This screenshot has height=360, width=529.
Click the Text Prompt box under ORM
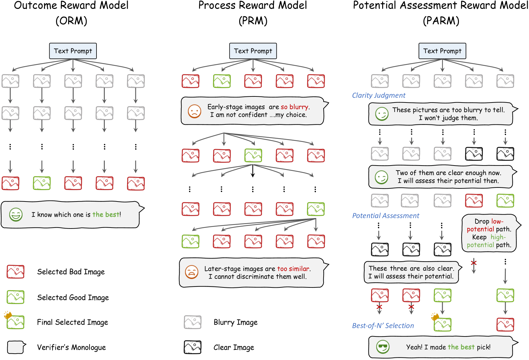point(73,51)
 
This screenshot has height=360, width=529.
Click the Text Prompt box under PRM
point(253,51)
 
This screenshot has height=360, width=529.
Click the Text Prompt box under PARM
point(442,51)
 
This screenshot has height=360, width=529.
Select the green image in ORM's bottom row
point(42,183)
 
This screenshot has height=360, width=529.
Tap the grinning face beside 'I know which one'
point(16,215)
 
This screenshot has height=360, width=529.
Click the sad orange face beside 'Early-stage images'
point(194,111)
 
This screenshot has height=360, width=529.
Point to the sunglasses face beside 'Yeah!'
point(382,347)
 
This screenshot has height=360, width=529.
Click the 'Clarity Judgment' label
point(378,95)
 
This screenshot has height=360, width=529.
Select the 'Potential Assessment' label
point(385,216)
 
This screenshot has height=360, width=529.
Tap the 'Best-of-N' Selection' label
point(383,326)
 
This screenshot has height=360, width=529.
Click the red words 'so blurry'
point(294,107)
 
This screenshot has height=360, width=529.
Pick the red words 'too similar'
point(293,269)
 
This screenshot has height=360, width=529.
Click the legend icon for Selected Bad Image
point(16,272)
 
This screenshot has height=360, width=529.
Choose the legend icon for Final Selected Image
point(15,322)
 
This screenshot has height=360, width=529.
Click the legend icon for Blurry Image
point(192,322)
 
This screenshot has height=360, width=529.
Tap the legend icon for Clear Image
point(192,347)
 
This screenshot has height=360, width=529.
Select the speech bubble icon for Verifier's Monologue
point(16,347)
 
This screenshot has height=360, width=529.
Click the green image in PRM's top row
point(222,81)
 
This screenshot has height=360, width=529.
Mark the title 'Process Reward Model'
point(253,5)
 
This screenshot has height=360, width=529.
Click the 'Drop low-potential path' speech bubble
point(489,233)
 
